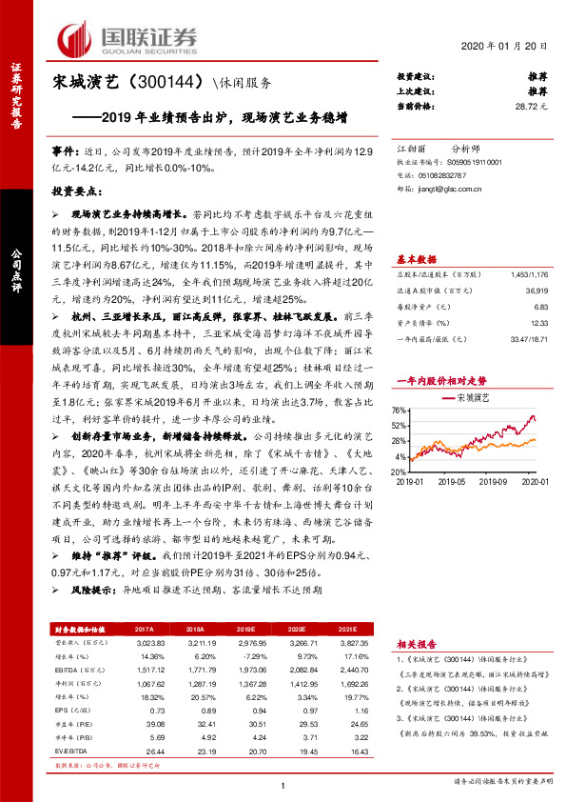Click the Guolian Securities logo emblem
click(77, 38)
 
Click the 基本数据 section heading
click(416, 259)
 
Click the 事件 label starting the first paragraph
click(65, 151)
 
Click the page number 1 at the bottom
click(283, 787)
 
